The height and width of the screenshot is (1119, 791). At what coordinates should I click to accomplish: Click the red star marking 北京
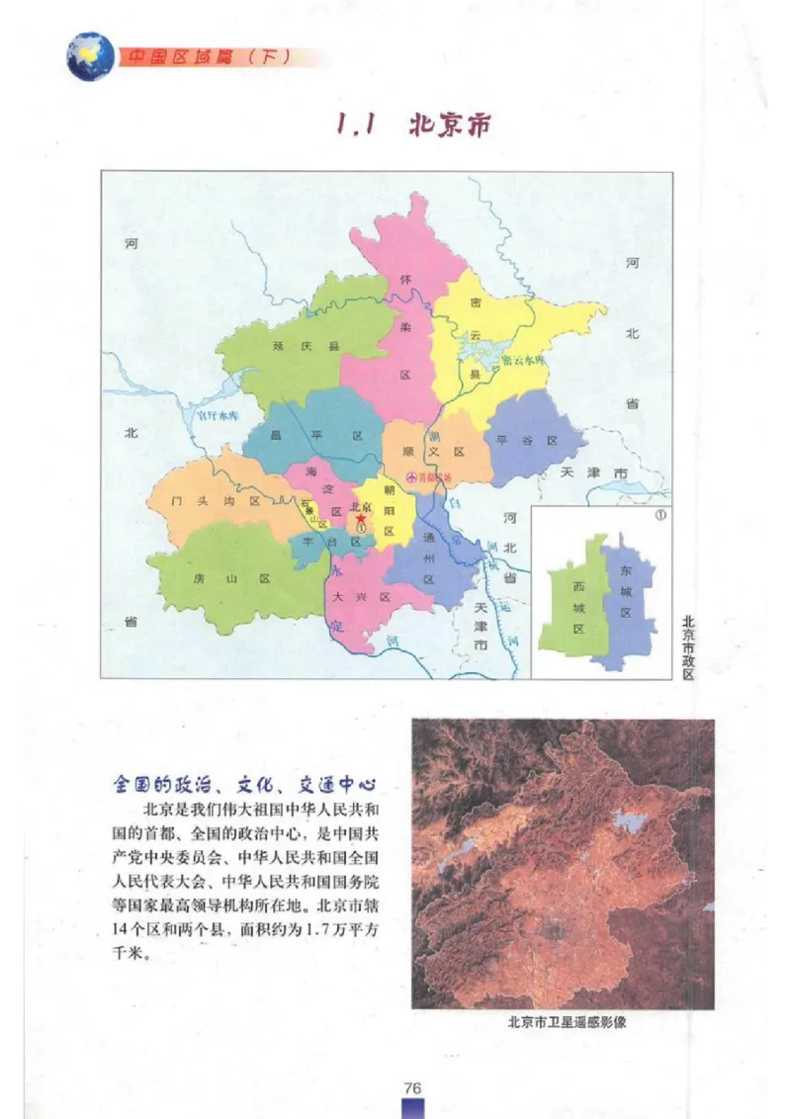[362, 517]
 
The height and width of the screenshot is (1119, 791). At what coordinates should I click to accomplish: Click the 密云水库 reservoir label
[523, 361]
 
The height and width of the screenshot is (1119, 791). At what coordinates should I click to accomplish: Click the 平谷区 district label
[527, 440]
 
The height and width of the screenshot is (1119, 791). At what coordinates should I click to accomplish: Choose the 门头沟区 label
[215, 501]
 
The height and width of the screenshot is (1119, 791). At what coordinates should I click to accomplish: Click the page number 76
[413, 1087]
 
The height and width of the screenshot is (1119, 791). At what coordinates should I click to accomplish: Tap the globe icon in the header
[89, 56]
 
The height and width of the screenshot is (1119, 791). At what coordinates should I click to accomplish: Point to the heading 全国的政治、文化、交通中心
[245, 786]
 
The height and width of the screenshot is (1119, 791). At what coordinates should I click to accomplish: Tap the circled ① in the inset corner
[659, 515]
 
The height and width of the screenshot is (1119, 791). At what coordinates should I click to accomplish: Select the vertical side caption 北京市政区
[689, 647]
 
